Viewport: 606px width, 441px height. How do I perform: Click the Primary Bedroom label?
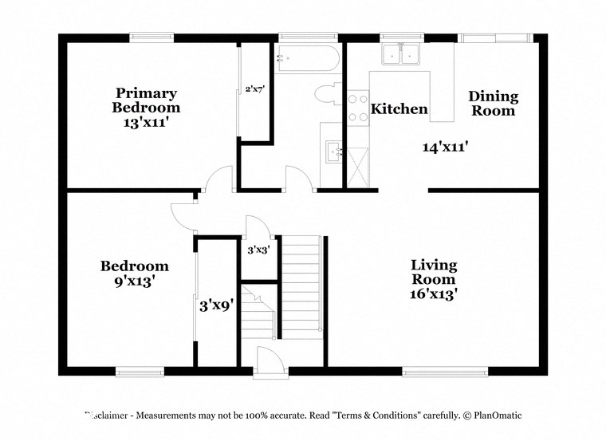[x=146, y=100]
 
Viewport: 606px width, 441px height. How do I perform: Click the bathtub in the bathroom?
[x=306, y=59]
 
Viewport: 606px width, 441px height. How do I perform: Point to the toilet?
[x=329, y=94]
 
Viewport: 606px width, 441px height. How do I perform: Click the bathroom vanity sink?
[x=333, y=149]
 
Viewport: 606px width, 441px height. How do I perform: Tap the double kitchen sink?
[x=401, y=54]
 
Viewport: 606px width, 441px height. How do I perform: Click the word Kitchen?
[x=399, y=109]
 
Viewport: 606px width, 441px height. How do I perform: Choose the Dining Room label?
[x=493, y=104]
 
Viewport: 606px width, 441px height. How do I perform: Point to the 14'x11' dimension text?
[x=445, y=147]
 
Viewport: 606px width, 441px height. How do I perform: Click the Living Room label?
[x=434, y=272]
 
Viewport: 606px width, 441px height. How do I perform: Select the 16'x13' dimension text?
[x=434, y=293]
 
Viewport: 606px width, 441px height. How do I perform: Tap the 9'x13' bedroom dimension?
[x=134, y=281]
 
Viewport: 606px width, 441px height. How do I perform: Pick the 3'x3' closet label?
[x=258, y=250]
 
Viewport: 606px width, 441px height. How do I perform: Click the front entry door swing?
[x=268, y=361]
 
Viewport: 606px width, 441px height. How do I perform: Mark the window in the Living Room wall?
[x=445, y=371]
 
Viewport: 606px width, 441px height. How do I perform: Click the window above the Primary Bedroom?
[x=151, y=37]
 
